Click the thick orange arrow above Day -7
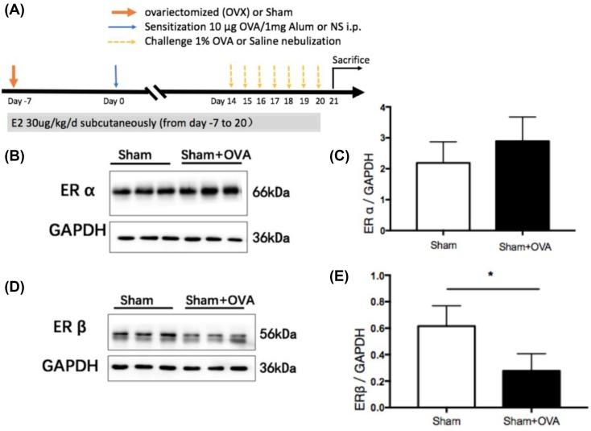[13, 77]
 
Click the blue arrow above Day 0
[117, 77]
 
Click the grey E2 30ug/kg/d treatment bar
[161, 122]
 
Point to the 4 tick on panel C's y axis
[383, 107]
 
